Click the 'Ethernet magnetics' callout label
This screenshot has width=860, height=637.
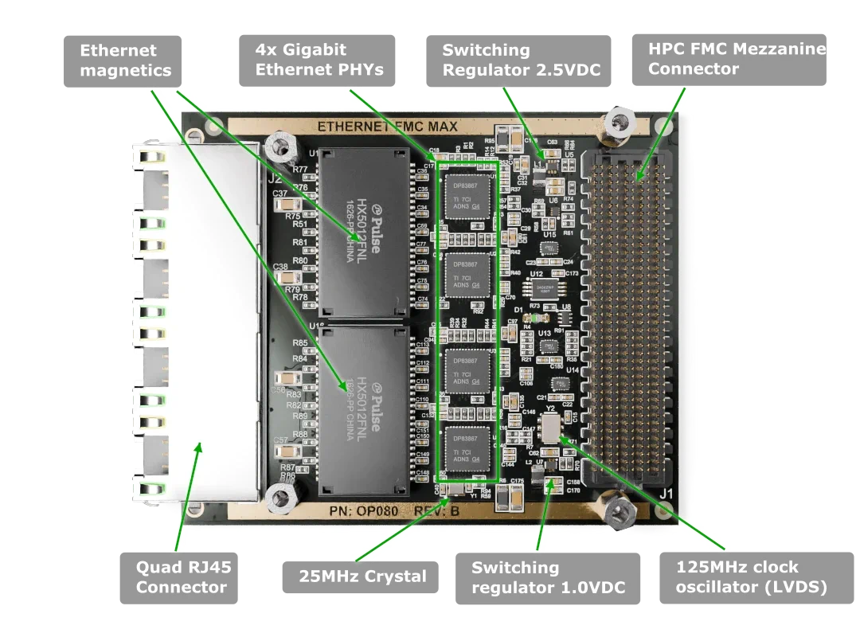pos(124,61)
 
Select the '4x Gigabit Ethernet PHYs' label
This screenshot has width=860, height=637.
pos(319,61)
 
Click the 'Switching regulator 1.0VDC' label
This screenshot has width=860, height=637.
pos(547,577)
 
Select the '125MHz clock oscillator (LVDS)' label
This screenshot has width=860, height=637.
pos(751,577)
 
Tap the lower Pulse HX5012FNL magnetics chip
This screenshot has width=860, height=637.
pos(363,409)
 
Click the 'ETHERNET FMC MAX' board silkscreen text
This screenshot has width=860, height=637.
pos(387,127)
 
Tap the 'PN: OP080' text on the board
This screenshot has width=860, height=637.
pos(360,510)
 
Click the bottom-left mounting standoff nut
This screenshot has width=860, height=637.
pos(279,498)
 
